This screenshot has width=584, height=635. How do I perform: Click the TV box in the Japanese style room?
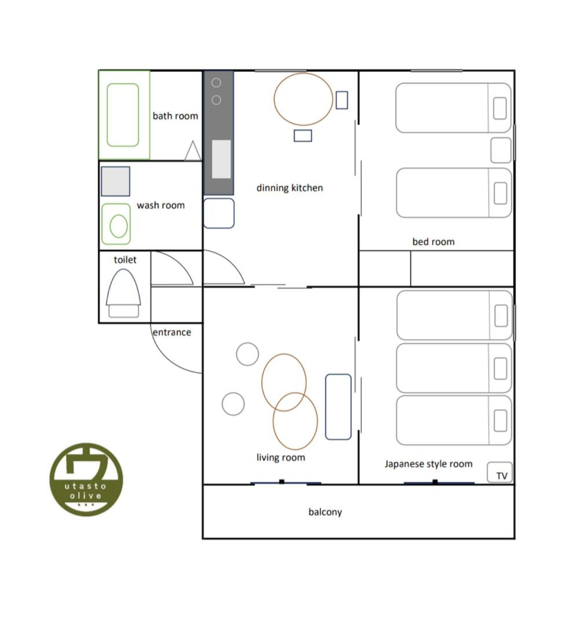tap(499, 473)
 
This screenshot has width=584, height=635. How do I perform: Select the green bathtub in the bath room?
tap(123, 115)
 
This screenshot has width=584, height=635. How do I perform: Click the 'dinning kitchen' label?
tap(290, 188)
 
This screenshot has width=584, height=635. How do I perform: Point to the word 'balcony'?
tap(326, 512)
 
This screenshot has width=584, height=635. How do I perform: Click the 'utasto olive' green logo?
tap(86, 480)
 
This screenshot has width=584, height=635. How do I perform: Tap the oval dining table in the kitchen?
tap(303, 99)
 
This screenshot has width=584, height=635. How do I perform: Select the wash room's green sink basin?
tap(116, 224)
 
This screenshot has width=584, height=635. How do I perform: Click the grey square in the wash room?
tap(116, 182)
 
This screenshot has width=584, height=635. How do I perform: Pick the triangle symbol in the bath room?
tap(193, 151)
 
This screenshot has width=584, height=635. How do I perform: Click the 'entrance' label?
tap(172, 332)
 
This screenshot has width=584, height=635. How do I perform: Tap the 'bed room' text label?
tap(433, 242)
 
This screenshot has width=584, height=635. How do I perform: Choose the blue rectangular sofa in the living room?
tap(338, 407)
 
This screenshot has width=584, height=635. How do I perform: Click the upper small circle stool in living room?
tap(247, 354)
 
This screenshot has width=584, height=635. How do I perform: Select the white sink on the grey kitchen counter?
tap(221, 159)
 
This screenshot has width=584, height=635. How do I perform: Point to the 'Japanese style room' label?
tap(429, 464)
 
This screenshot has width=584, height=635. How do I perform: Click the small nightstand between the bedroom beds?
tap(501, 150)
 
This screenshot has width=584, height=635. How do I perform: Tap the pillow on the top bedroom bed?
tap(500, 108)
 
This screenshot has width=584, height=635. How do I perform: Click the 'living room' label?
tap(281, 458)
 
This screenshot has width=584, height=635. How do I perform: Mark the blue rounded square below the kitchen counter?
tap(218, 213)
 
